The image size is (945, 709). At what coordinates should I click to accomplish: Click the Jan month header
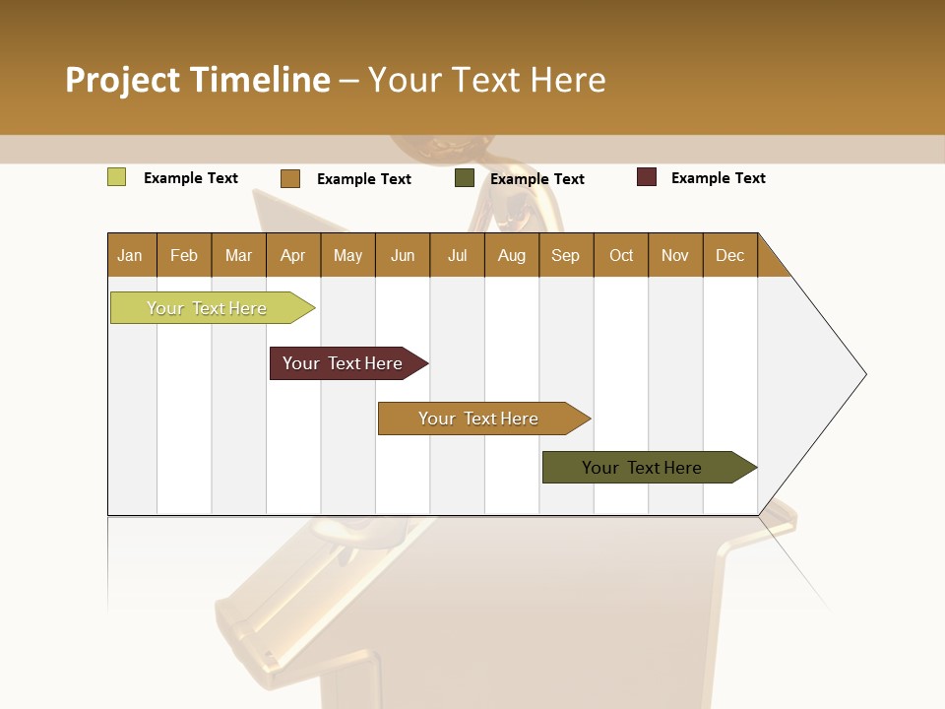tap(131, 255)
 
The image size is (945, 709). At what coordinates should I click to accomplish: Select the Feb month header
tap(184, 255)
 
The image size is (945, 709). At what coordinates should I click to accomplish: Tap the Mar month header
tap(238, 255)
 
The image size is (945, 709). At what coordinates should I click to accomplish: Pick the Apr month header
tap(293, 255)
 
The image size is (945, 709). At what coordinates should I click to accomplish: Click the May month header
tap(347, 255)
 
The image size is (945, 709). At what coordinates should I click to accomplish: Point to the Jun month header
tap(403, 255)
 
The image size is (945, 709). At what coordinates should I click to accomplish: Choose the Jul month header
tap(458, 255)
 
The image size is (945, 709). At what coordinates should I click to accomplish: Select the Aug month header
tap(512, 255)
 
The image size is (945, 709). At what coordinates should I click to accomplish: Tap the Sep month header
tap(566, 255)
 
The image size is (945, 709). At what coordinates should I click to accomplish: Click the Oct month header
tap(621, 255)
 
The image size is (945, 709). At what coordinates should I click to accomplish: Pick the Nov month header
tap(675, 255)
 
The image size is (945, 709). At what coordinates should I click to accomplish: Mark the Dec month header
tap(730, 255)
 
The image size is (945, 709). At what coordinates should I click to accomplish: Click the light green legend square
tap(116, 177)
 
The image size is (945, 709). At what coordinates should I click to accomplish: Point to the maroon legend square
tap(646, 177)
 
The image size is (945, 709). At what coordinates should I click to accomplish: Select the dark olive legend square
tap(465, 178)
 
